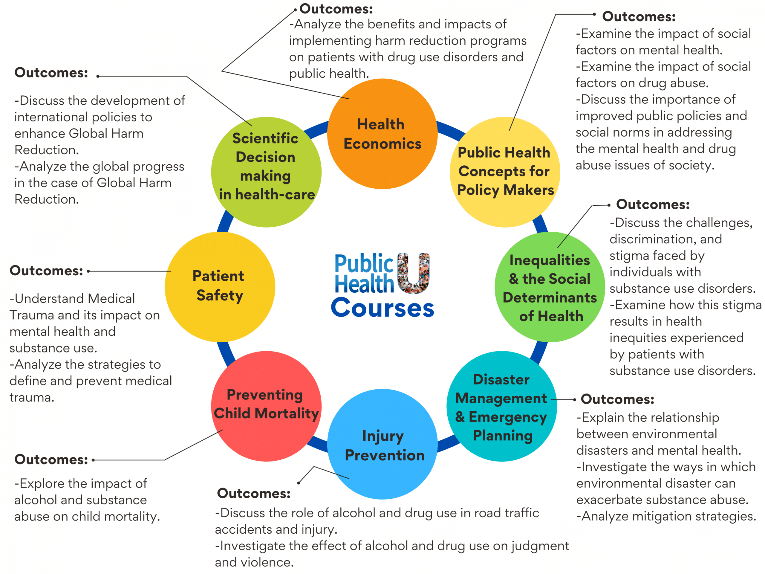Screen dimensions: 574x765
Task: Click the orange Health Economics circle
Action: pos(382,134)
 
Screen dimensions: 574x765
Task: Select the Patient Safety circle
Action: pos(220,286)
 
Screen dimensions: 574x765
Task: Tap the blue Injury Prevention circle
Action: pos(382,445)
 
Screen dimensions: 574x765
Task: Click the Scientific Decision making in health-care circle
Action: pos(266,172)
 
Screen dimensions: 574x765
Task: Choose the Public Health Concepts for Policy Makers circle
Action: pos(505,172)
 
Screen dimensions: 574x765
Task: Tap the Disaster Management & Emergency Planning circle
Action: pos(501,407)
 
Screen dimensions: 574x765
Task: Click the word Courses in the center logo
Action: pos(382,308)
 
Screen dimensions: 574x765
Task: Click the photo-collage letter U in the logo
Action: pos(413,273)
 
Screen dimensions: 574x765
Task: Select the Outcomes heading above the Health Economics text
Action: pos(336,9)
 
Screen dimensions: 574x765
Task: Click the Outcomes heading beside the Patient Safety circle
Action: pos(46,271)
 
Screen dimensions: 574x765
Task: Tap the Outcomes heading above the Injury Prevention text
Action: pos(253,493)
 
